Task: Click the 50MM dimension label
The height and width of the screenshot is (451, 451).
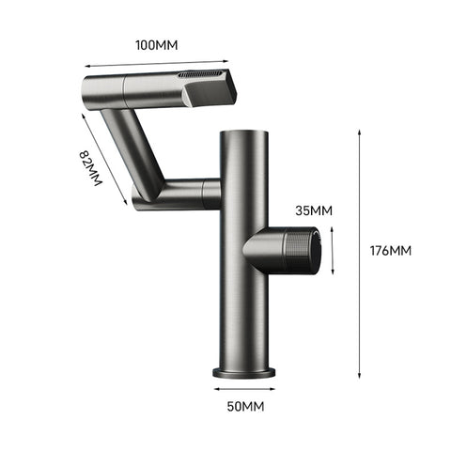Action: click(244, 408)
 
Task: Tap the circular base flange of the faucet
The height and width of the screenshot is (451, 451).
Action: click(244, 371)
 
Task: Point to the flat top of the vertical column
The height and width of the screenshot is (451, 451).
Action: click(244, 134)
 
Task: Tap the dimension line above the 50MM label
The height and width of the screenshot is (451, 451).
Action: click(244, 388)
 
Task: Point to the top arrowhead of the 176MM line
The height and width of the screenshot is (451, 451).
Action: click(361, 134)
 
